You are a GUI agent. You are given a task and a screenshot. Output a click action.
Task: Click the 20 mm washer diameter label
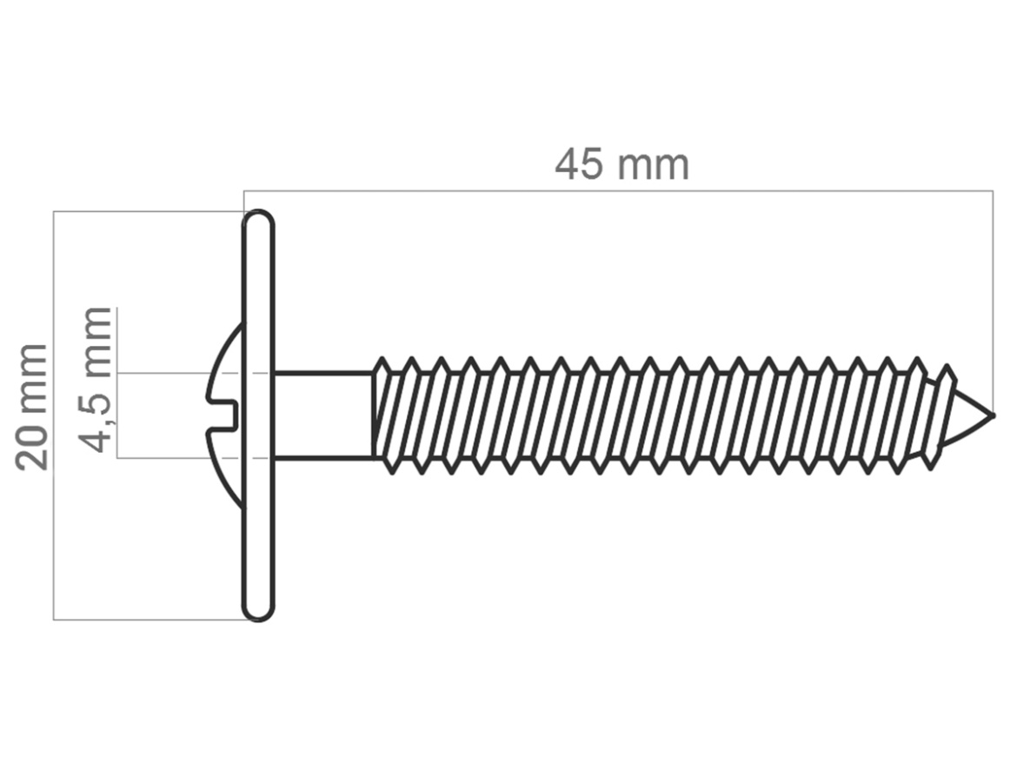[32, 407]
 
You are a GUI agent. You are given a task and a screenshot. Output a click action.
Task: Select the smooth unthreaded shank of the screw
[323, 415]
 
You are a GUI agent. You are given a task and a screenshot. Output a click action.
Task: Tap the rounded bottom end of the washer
[259, 611]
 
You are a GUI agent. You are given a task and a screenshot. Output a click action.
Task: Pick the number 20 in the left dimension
[32, 448]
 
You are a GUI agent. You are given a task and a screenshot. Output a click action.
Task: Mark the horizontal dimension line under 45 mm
[618, 190]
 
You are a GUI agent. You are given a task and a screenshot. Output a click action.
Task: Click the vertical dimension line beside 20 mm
[53, 415]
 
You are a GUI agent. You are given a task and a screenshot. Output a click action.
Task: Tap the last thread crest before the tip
[948, 374]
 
